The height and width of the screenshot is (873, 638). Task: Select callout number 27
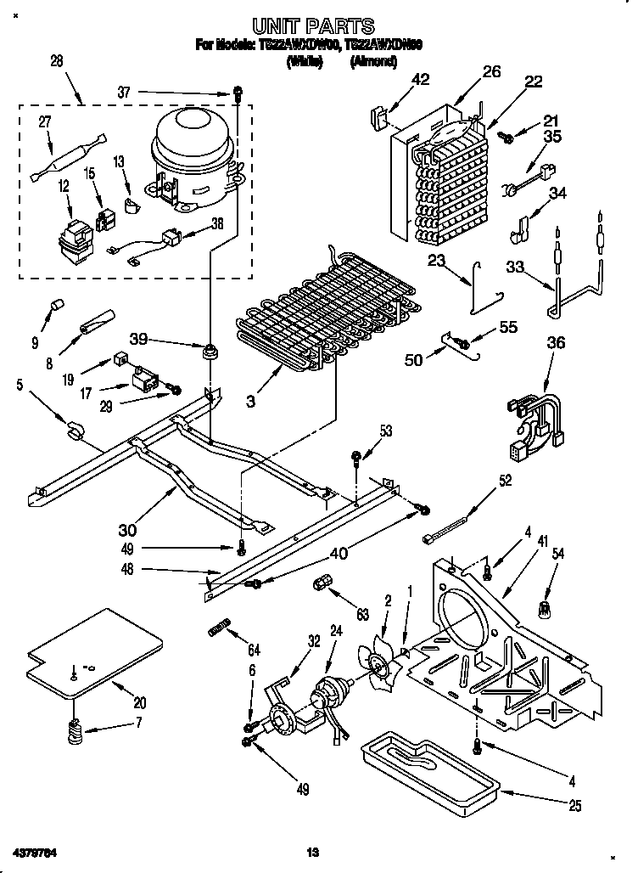43,122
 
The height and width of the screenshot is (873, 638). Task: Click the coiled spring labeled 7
75,729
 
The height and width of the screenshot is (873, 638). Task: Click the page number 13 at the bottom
312,851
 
